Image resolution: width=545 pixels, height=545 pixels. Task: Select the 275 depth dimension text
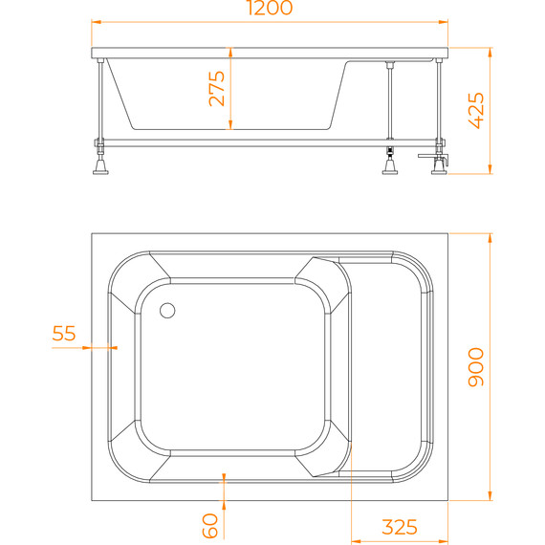[x=217, y=88]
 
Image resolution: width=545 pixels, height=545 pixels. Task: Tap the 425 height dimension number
[x=476, y=111]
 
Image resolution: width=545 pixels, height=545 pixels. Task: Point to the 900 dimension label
[x=476, y=367]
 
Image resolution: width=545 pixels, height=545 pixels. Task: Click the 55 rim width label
[x=64, y=334]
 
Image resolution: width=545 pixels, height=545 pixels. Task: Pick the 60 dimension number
[x=211, y=524]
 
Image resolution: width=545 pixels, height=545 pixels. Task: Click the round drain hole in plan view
[x=168, y=310]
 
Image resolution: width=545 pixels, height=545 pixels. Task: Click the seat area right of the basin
[x=387, y=367]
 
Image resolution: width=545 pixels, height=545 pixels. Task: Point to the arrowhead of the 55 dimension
[x=113, y=348]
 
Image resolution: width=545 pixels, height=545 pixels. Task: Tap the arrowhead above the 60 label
[x=224, y=477]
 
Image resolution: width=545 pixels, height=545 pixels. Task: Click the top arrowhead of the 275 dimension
[x=230, y=54]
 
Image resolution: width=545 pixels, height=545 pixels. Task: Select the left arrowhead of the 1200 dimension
[x=96, y=20]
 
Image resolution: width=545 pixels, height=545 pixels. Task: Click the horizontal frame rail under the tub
[x=268, y=142]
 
